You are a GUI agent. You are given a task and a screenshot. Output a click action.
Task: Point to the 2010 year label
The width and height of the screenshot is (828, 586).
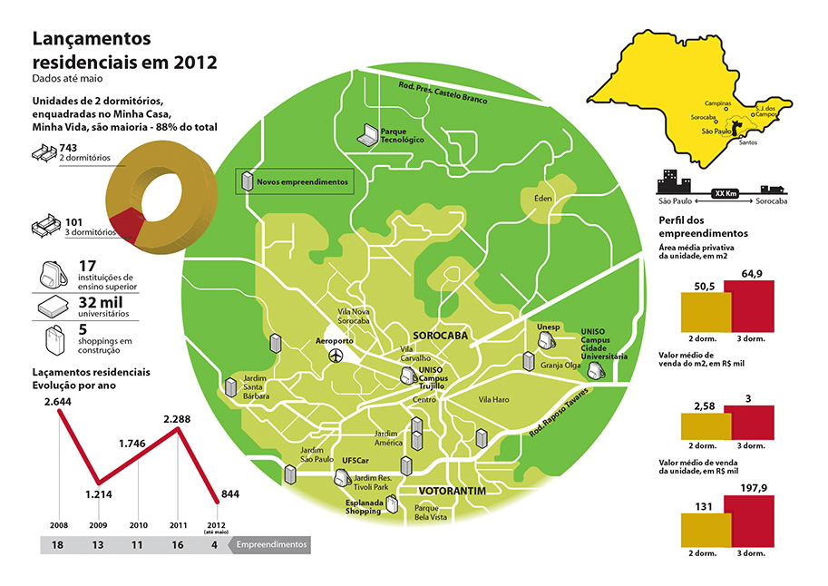(138, 525)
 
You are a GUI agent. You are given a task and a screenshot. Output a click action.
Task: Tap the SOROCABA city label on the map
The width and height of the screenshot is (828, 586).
(440, 335)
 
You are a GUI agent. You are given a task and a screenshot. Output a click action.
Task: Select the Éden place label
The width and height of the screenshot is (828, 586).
(543, 198)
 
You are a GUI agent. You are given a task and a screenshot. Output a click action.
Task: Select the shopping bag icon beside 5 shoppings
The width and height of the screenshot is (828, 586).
(53, 339)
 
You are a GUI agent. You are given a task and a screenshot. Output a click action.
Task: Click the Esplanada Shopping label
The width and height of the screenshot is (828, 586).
(363, 506)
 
